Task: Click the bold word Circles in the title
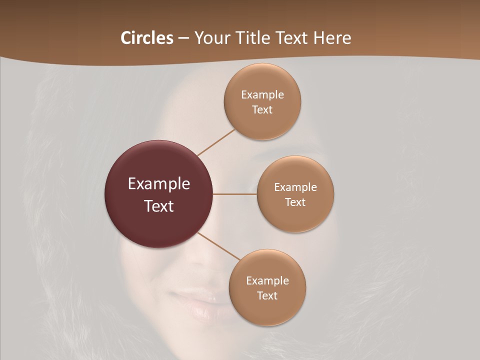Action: [x=146, y=38]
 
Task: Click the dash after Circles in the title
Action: [x=183, y=38]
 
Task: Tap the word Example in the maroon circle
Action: [x=159, y=184]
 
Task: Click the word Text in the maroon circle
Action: [x=159, y=206]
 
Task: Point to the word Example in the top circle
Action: [x=262, y=95]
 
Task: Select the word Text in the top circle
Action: [x=262, y=110]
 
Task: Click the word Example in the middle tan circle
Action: [x=295, y=187]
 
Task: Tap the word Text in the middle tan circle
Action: [x=295, y=202]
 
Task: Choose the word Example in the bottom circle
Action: [x=267, y=281]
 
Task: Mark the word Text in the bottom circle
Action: [x=267, y=296]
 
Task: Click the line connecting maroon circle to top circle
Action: [x=216, y=142]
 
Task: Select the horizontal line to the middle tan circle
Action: [x=235, y=194]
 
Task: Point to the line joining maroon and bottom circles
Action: [x=219, y=246]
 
